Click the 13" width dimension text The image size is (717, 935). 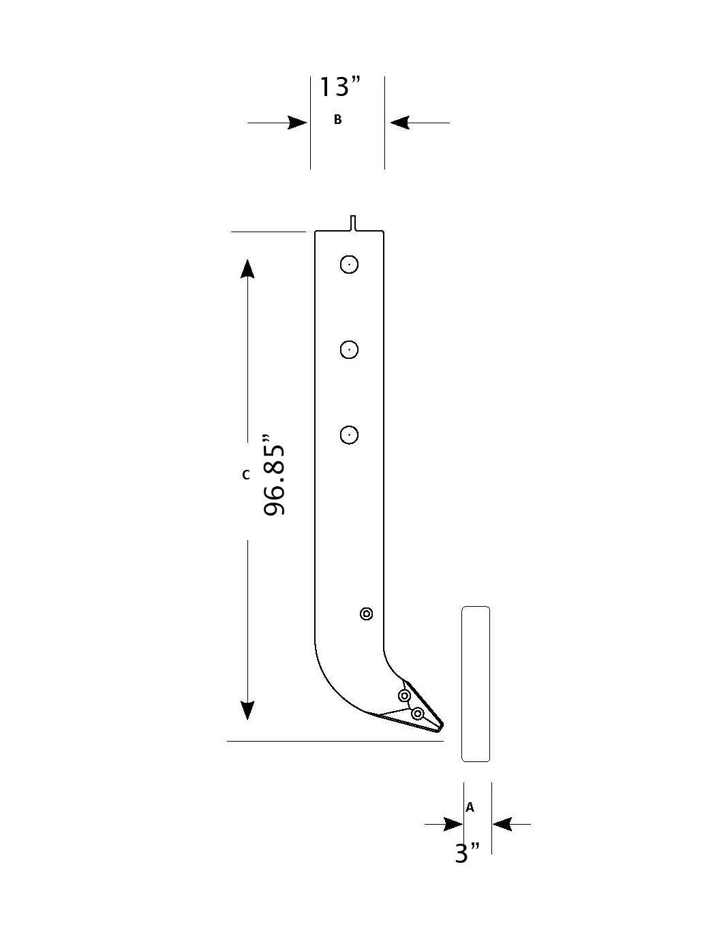click(x=340, y=87)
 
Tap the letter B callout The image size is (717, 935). click(x=337, y=120)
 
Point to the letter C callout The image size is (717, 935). click(x=246, y=475)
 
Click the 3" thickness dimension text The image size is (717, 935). click(x=468, y=853)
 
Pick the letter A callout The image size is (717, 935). click(x=470, y=808)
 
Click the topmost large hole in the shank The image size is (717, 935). click(x=349, y=264)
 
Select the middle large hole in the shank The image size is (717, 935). click(x=349, y=349)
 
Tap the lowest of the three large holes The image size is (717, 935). click(x=349, y=434)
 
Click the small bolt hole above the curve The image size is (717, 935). click(x=366, y=614)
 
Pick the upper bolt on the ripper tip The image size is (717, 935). click(x=404, y=696)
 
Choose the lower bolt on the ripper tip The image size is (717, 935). click(x=418, y=713)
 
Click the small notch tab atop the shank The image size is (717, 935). click(x=353, y=223)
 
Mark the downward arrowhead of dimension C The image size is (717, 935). click(x=247, y=710)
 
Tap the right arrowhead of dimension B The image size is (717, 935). click(x=399, y=123)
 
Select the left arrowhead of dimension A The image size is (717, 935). click(x=453, y=825)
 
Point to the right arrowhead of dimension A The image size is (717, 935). click(x=502, y=825)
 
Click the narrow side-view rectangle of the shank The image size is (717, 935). click(x=476, y=684)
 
